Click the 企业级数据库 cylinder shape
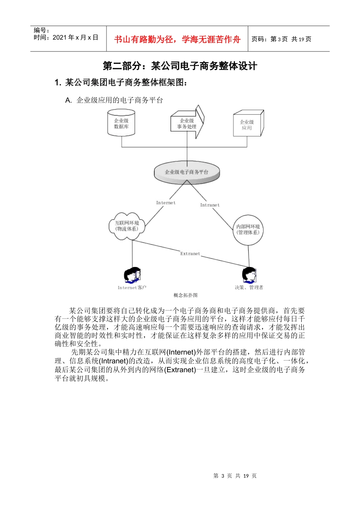pos(121,123)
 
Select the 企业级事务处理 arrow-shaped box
pos(187,123)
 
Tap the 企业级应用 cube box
pos(247,125)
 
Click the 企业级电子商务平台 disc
pos(187,172)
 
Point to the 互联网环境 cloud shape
pos(127,226)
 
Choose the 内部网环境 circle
pos(248,230)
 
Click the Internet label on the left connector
pos(166,203)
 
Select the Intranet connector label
pos(210,205)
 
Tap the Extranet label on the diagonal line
pos(190,254)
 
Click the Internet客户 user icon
pos(132,276)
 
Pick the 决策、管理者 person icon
pos(249,275)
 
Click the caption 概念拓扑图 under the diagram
pos(186,295)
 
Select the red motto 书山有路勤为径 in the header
pos(177,39)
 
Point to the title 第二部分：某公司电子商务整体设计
pos(180,66)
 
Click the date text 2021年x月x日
pos(75,37)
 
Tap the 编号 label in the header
pos(41,30)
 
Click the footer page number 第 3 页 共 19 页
pos(235,476)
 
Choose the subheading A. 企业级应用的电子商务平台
pos(114,100)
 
